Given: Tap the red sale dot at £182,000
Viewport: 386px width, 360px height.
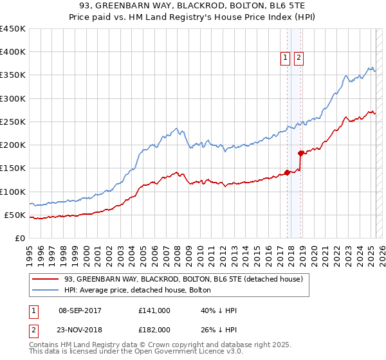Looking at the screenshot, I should tap(300, 153).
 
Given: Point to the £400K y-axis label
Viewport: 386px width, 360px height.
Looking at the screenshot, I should tap(12, 52).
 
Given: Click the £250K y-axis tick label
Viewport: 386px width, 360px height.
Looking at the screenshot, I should tap(12, 122).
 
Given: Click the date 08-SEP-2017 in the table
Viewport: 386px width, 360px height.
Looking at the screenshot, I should tap(84, 310).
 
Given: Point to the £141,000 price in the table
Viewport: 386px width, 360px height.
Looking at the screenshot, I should tap(154, 310).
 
